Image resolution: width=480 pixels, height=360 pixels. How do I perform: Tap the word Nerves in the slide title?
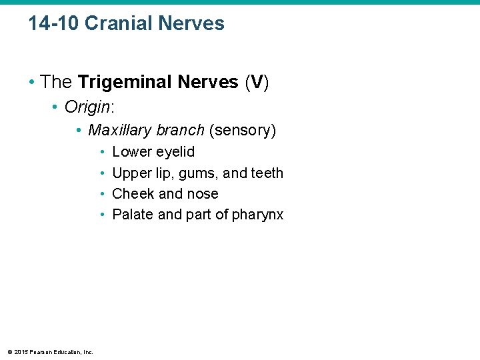(193, 24)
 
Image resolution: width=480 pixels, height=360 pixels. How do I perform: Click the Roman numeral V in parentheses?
(257, 83)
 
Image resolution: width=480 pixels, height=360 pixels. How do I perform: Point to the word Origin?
(85, 107)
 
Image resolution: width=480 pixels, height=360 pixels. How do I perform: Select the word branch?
(180, 130)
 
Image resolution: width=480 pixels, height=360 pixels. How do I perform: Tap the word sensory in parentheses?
(242, 130)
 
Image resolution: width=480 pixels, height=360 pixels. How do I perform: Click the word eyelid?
(175, 153)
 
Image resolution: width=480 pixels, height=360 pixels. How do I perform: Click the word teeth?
(267, 173)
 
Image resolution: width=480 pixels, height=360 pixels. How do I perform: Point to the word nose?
(203, 194)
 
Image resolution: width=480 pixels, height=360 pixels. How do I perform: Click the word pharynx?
(258, 215)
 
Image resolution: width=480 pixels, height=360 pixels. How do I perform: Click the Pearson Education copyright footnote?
(50, 351)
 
